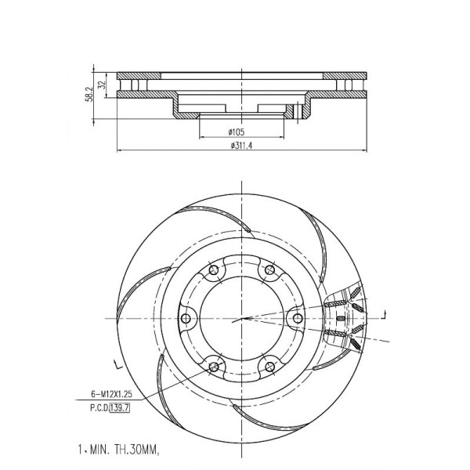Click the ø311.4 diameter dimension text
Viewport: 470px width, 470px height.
[241, 146]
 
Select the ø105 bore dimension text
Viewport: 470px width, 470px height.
[237, 132]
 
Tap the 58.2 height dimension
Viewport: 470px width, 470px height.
[89, 95]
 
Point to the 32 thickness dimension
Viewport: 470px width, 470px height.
[102, 85]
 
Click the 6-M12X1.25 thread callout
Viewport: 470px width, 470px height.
[111, 394]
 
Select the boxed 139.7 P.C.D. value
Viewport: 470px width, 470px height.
[120, 407]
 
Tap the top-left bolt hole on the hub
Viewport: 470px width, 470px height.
[214, 269]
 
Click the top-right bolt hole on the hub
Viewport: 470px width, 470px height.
[269, 269]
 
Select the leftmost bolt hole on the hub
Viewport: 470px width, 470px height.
[186, 318]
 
